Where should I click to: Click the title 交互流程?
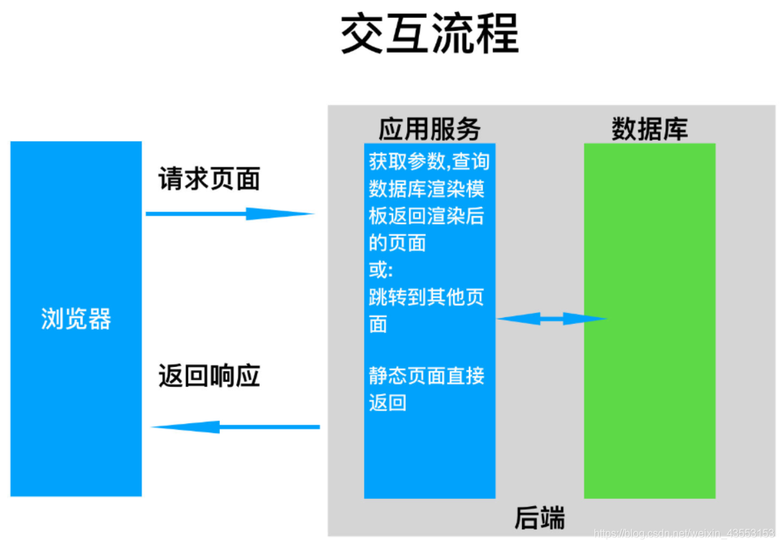(x=429, y=35)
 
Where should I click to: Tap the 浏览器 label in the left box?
(x=76, y=319)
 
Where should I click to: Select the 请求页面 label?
(x=209, y=179)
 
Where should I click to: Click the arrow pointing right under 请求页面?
(x=229, y=214)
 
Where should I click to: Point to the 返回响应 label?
(x=209, y=376)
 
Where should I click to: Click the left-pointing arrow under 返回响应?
(x=236, y=427)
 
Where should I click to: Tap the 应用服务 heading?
(x=429, y=129)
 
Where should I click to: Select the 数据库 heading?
(x=649, y=129)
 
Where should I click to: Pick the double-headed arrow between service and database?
(x=551, y=319)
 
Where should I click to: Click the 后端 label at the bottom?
(x=539, y=518)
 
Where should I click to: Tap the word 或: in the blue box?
(x=381, y=270)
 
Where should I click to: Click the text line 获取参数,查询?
(x=429, y=162)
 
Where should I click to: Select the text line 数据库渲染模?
(x=426, y=189)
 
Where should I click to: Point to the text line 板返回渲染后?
(x=426, y=216)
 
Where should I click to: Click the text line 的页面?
(x=397, y=243)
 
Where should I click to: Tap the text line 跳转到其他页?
(x=426, y=297)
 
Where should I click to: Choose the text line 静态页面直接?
(x=426, y=376)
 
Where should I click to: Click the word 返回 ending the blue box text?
(x=387, y=403)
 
